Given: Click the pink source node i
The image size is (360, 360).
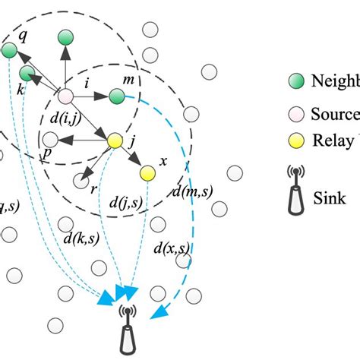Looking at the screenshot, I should point(65,96).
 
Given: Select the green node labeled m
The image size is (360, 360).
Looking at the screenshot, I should point(116,96).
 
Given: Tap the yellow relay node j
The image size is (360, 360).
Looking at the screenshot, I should point(115,141).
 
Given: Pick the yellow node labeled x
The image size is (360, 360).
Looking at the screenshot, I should point(147,174).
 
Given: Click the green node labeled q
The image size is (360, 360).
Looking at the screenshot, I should point(9,51).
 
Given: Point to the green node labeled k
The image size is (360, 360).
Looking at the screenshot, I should point(27,74).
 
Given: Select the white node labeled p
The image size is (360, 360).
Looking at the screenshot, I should point(50,139).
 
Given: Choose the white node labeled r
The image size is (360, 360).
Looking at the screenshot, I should point(81,181).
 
